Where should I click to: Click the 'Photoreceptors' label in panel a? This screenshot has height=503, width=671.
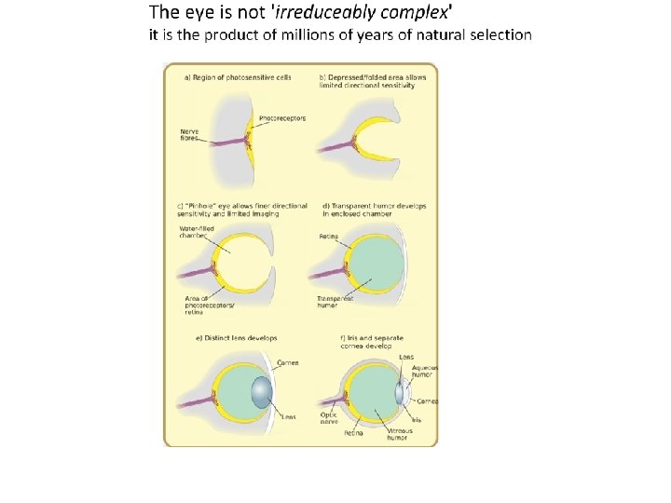[282, 118]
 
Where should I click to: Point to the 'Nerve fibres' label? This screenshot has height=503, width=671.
[189, 135]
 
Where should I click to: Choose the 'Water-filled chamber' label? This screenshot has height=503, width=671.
[194, 233]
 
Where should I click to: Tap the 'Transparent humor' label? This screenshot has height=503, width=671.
[335, 302]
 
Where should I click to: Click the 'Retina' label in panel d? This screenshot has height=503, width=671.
[329, 237]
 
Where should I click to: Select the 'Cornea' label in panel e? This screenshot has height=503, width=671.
[287, 362]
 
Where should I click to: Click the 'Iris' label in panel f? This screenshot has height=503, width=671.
[417, 420]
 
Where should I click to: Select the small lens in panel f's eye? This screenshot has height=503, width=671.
[399, 393]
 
